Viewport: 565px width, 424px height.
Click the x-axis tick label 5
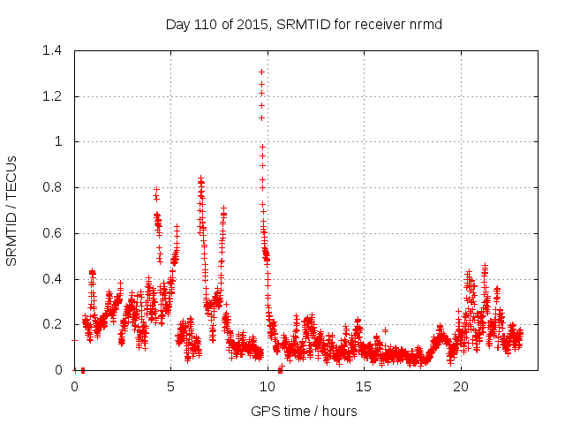170,387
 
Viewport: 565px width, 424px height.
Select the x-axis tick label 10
267,387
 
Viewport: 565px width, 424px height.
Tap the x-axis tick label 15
364,387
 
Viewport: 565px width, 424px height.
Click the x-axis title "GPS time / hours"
304,411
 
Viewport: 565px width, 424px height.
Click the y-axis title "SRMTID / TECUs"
12,210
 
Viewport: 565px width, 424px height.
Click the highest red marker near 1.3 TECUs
261,72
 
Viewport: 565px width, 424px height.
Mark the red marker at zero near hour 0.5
82,370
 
